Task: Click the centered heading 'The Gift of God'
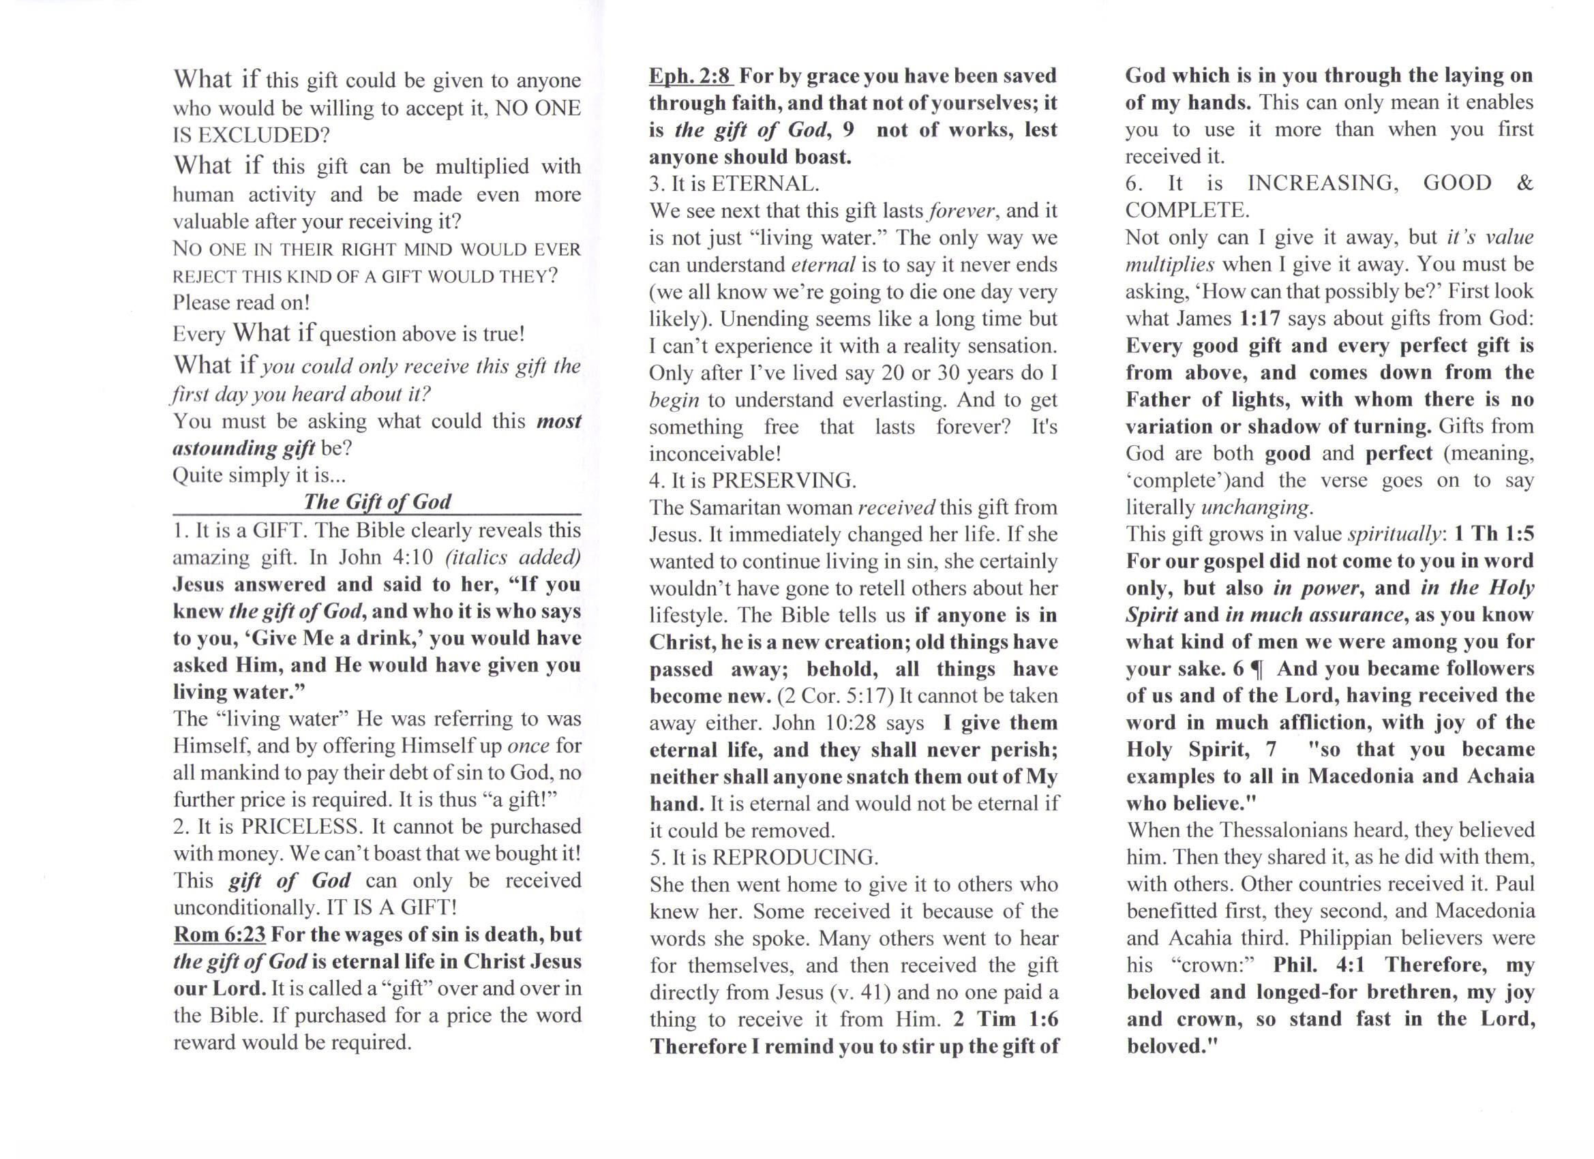click(x=377, y=501)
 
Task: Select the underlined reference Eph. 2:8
click(x=689, y=75)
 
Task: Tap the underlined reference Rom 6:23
click(x=220, y=934)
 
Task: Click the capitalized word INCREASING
click(x=1322, y=183)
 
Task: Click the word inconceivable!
click(x=715, y=453)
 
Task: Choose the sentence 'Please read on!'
click(x=241, y=302)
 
